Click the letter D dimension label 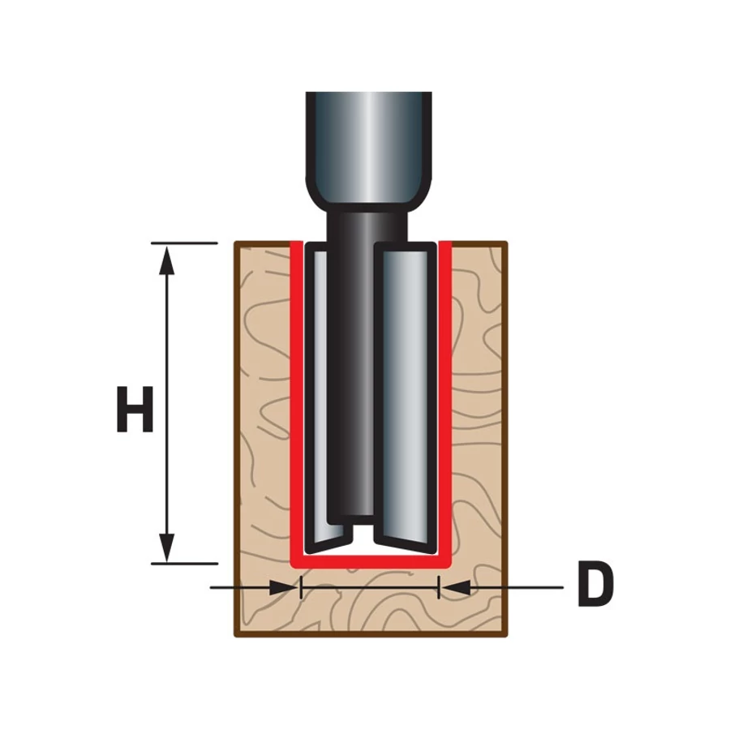[x=595, y=586]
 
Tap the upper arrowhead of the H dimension [x=167, y=258]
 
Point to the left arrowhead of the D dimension [x=281, y=587]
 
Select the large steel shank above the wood [x=368, y=142]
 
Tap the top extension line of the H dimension [x=185, y=243]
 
